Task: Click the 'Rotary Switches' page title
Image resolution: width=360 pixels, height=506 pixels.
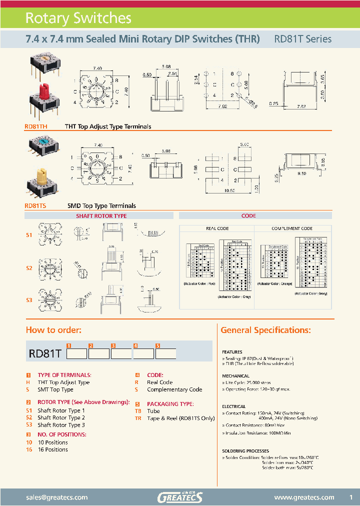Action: pos(78,18)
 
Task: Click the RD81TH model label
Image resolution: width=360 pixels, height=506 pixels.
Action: pos(36,127)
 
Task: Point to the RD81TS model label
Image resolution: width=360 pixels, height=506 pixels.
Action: pos(35,205)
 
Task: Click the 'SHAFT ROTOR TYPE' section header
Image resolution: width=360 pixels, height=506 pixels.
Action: pos(101,216)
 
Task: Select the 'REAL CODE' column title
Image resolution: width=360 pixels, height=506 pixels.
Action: pos(217,228)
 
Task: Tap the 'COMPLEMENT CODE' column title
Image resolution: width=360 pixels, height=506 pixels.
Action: pos(292,228)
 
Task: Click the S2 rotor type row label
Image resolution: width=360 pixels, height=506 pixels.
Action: pos(29,268)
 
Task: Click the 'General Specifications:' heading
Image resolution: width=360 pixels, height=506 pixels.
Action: pos(272,330)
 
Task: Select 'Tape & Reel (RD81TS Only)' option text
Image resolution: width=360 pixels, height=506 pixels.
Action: pos(184,418)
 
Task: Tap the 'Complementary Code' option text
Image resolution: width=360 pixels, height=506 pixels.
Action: pos(174,389)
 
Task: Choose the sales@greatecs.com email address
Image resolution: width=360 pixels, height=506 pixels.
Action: pos(56,497)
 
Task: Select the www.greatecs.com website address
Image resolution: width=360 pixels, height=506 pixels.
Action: pos(304,497)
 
